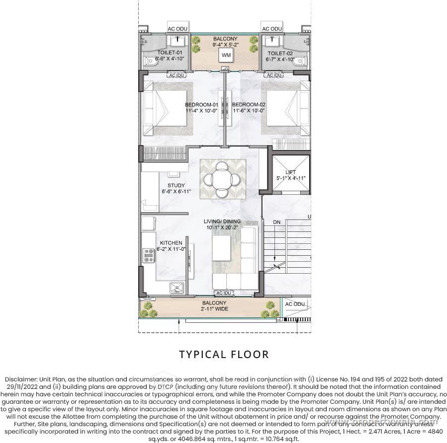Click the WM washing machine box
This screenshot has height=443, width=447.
click(226, 55)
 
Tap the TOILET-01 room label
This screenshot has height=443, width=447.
click(170, 53)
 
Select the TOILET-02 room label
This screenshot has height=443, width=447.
click(280, 53)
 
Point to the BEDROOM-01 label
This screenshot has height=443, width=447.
click(201, 104)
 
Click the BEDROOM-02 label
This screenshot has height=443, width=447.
click(249, 104)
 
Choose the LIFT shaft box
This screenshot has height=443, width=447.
click(291, 174)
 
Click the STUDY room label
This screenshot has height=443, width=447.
click(176, 186)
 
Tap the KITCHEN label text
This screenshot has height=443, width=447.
click(171, 243)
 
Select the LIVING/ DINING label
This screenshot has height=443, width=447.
click(222, 221)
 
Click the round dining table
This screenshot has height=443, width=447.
click(223, 178)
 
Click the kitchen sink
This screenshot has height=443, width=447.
click(177, 288)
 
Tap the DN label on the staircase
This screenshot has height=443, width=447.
click(277, 222)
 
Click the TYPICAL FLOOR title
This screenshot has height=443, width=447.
click(224, 354)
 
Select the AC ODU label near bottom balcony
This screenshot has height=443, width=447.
click(294, 304)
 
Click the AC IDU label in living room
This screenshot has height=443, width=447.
click(223, 294)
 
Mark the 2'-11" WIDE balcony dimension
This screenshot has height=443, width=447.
click(214, 309)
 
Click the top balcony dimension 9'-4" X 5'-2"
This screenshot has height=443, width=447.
click(226, 44)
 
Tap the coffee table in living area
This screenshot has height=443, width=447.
click(223, 246)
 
